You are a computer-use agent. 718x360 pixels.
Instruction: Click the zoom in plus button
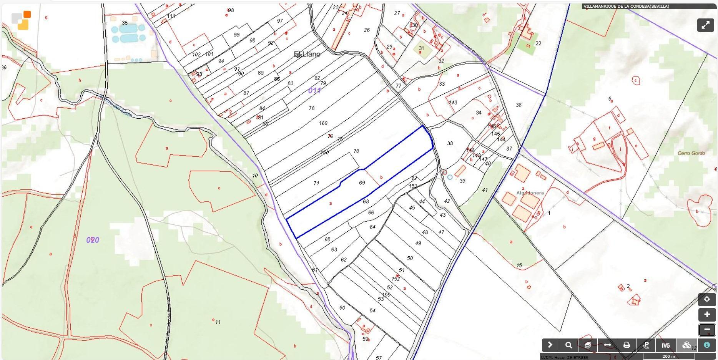pyautogui.click(x=706, y=315)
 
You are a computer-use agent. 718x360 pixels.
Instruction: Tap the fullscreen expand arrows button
pyautogui.click(x=705, y=25)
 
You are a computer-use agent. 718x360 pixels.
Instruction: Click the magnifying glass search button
pyautogui.click(x=568, y=345)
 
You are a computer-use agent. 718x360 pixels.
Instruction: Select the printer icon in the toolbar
pyautogui.click(x=627, y=345)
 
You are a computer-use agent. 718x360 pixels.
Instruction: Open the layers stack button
pyautogui.click(x=588, y=345)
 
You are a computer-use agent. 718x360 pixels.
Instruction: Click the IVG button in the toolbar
pyautogui.click(x=666, y=345)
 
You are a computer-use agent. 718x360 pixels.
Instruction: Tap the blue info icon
pyautogui.click(x=706, y=345)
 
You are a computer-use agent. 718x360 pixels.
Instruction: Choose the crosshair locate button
pyautogui.click(x=706, y=299)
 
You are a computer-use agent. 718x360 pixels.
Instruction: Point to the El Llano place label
pyautogui.click(x=307, y=54)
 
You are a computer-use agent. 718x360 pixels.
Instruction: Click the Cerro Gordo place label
pyautogui.click(x=691, y=153)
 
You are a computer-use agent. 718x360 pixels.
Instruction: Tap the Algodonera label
pyautogui.click(x=530, y=193)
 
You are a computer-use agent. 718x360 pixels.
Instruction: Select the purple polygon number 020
pyautogui.click(x=93, y=240)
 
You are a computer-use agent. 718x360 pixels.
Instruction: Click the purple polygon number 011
pyautogui.click(x=314, y=91)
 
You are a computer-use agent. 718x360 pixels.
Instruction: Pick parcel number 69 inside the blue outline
pyautogui.click(x=362, y=183)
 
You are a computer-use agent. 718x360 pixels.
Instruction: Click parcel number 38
pyautogui.click(x=450, y=143)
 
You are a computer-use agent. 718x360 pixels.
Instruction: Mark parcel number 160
pyautogui.click(x=323, y=123)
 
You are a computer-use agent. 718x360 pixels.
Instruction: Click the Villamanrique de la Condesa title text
pyautogui.click(x=626, y=6)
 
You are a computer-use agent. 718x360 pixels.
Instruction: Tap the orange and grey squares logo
pyautogui.click(x=21, y=20)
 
